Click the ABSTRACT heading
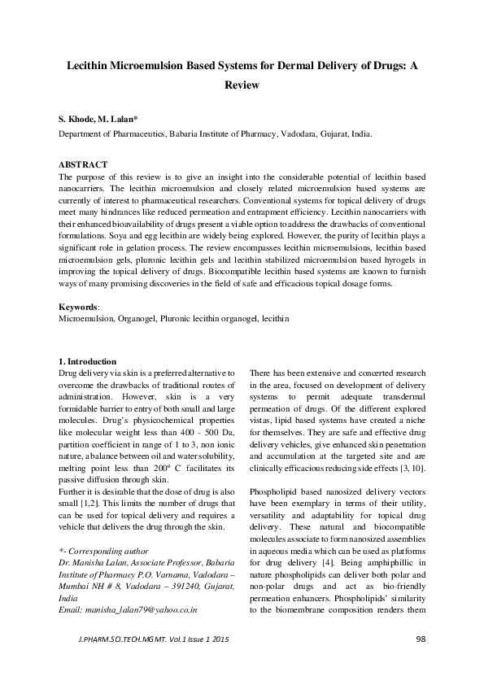[x=85, y=164]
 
